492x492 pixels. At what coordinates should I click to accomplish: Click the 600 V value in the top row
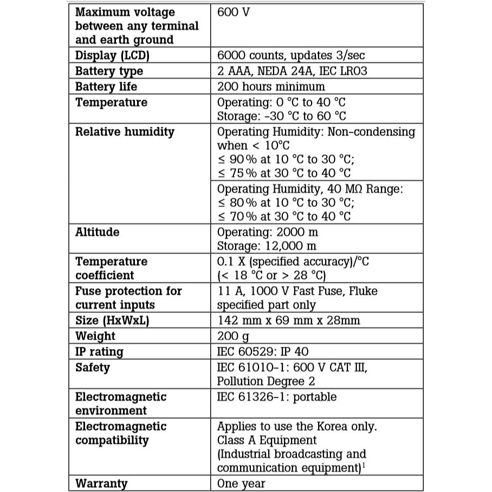click(x=233, y=12)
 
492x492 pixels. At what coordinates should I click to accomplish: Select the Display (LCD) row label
click(x=112, y=55)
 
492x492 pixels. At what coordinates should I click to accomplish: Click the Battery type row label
click(x=109, y=71)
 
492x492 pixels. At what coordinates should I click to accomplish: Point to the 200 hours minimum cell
click(x=271, y=87)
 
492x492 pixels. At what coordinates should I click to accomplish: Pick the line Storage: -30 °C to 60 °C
click(x=281, y=116)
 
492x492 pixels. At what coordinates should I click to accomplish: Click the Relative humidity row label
click(x=125, y=132)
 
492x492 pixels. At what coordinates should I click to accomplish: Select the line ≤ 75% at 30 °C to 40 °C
click(x=284, y=173)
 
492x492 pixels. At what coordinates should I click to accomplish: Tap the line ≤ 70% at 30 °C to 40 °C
click(x=284, y=216)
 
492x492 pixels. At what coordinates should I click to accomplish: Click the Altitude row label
click(x=98, y=232)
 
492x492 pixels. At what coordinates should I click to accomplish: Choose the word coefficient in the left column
click(x=105, y=275)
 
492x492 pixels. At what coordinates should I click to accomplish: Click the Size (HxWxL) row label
click(x=112, y=320)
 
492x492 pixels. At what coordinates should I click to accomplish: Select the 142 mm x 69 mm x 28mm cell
click(x=288, y=320)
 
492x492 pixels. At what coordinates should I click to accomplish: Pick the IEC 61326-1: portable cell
click(x=276, y=397)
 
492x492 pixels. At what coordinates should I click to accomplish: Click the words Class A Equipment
click(x=267, y=440)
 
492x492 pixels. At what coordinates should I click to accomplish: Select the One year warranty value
click(x=241, y=483)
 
